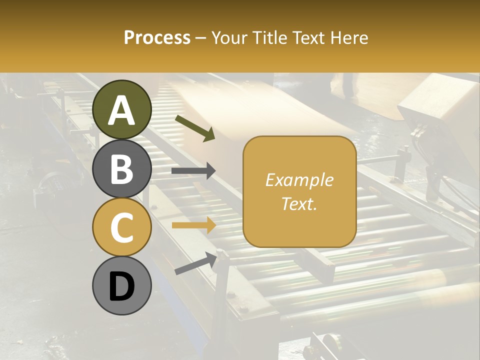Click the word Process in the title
pos(157,38)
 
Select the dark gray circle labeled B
pos(122,169)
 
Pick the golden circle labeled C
pos(122,226)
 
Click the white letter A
pos(122,110)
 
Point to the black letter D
pos(122,286)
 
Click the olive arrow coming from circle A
pos(195,128)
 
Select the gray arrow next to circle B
pos(193,171)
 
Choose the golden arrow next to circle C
pos(193,225)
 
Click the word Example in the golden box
pos(299,180)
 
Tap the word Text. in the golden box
pos(299,204)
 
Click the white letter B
pos(122,169)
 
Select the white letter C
pos(122,227)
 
